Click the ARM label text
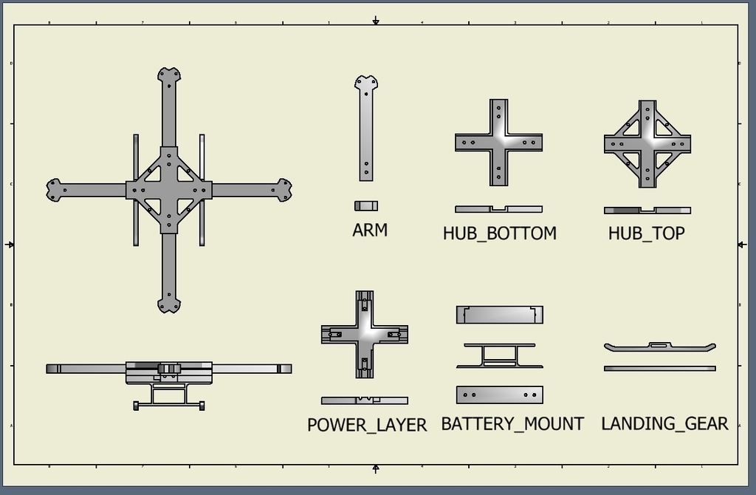pyautogui.click(x=370, y=231)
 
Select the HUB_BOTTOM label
pyautogui.click(x=499, y=233)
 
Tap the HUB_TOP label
pyautogui.click(x=646, y=233)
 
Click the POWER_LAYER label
pyautogui.click(x=367, y=426)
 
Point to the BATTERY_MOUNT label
pyautogui.click(x=512, y=424)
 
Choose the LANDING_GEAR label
pyautogui.click(x=664, y=424)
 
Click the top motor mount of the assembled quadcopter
pyautogui.click(x=169, y=76)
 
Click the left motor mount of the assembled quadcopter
pyautogui.click(x=54, y=190)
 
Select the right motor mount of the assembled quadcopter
pyautogui.click(x=284, y=190)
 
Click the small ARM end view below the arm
pyautogui.click(x=366, y=206)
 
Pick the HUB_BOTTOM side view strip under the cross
pyautogui.click(x=499, y=209)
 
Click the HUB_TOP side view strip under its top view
pyautogui.click(x=647, y=211)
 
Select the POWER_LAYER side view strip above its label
pyautogui.click(x=365, y=400)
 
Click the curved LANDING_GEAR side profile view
pyautogui.click(x=659, y=346)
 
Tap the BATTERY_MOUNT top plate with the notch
pyautogui.click(x=500, y=315)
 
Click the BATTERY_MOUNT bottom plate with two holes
pyautogui.click(x=500, y=395)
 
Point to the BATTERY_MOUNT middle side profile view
pyautogui.click(x=500, y=356)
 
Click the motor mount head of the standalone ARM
pyautogui.click(x=366, y=83)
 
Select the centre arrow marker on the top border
pyautogui.click(x=376, y=21)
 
